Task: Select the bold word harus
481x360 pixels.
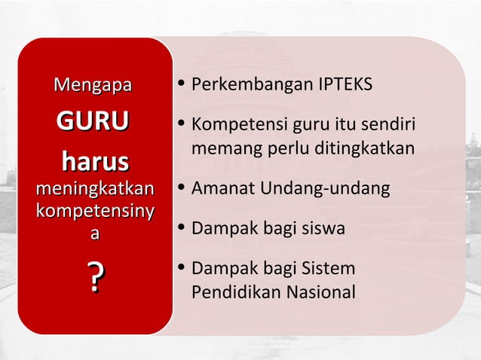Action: click(94, 162)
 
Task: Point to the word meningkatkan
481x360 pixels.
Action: click(94, 188)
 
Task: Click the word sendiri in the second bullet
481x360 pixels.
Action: click(391, 124)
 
